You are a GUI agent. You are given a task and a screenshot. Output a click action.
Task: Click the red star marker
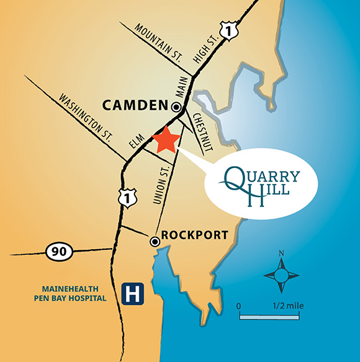pos(166,139)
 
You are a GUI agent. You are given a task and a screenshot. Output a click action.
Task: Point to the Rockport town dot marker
pos(154,240)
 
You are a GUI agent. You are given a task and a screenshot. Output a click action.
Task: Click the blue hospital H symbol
pos(131,294)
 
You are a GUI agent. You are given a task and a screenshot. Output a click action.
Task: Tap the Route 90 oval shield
pos(60,252)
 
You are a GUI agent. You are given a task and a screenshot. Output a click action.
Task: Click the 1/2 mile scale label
pos(287,306)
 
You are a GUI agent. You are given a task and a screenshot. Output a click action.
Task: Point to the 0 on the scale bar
pos(240,306)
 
